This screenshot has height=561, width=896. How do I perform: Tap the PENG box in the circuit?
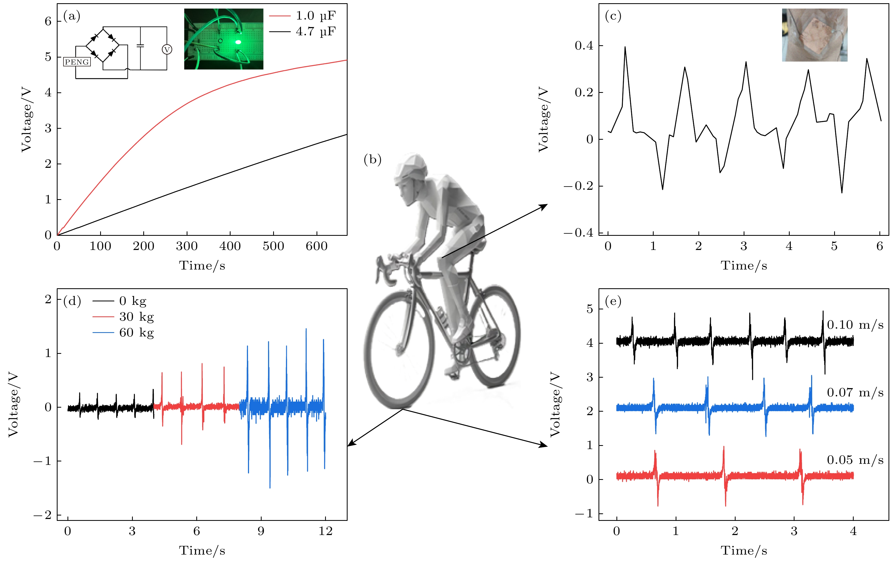pyautogui.click(x=77, y=62)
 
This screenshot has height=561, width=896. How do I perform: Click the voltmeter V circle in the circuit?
pyautogui.click(x=167, y=49)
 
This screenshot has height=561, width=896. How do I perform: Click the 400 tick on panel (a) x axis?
pyautogui.click(x=230, y=246)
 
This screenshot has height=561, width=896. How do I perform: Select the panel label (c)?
pyautogui.click(x=613, y=16)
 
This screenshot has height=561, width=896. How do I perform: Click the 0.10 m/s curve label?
pyautogui.click(x=855, y=325)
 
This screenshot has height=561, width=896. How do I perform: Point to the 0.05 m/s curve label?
pyautogui.click(x=855, y=460)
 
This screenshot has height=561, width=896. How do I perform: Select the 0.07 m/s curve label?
pyautogui.click(x=855, y=393)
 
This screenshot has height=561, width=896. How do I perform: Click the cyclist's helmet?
pyautogui.click(x=412, y=167)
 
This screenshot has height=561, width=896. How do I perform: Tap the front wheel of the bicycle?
pyautogui.click(x=399, y=349)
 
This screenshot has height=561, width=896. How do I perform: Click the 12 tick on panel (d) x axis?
pyautogui.click(x=326, y=531)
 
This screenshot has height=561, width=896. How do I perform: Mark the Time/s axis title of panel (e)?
pyautogui.click(x=744, y=551)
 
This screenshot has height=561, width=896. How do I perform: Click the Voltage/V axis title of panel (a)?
pyautogui.click(x=26, y=119)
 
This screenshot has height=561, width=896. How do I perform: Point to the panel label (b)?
pyautogui.click(x=372, y=160)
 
